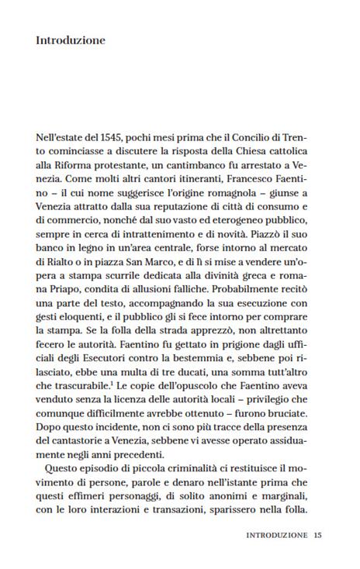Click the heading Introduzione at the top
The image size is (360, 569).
71,40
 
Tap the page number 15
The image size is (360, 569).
317,535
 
